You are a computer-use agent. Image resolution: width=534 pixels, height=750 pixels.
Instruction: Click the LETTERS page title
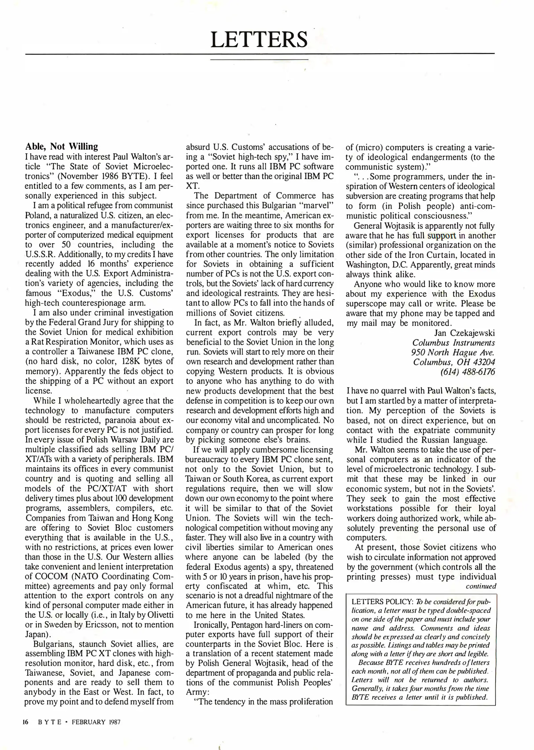coord(259,40)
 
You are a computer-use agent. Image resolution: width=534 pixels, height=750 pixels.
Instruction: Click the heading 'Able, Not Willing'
coord(61,146)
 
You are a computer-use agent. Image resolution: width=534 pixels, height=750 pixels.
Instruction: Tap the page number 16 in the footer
coord(25,722)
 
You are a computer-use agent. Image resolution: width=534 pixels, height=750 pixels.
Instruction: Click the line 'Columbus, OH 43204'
coord(454,362)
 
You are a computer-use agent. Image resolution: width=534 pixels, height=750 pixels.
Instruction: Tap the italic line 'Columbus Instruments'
coord(454,343)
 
